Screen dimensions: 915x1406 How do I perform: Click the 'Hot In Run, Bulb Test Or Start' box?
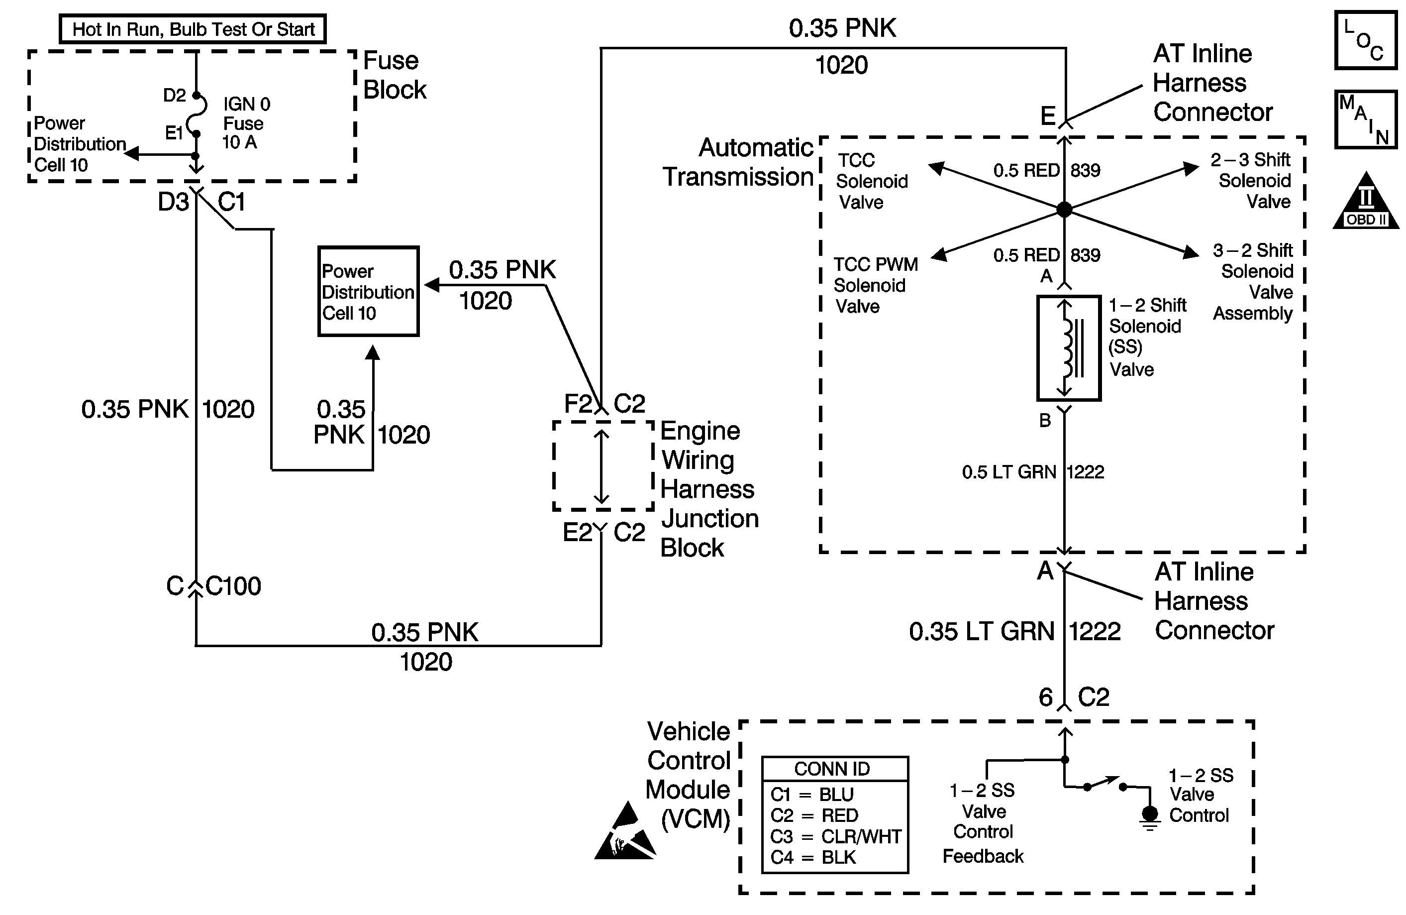click(193, 29)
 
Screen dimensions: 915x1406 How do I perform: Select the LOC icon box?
click(1365, 41)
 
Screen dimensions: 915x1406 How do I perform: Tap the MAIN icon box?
click(1365, 119)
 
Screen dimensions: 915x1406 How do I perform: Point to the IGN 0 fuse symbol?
click(196, 114)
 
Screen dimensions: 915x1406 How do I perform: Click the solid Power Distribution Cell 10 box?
click(369, 291)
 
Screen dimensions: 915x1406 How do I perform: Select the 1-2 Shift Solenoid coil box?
click(1069, 348)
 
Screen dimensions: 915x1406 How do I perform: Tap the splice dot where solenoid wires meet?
click(1064, 209)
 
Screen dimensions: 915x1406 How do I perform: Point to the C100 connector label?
click(233, 586)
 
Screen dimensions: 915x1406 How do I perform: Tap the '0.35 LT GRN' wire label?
click(981, 632)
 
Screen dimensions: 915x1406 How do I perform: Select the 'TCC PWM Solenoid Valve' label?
click(875, 285)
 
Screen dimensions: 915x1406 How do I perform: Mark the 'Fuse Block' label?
click(394, 75)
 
